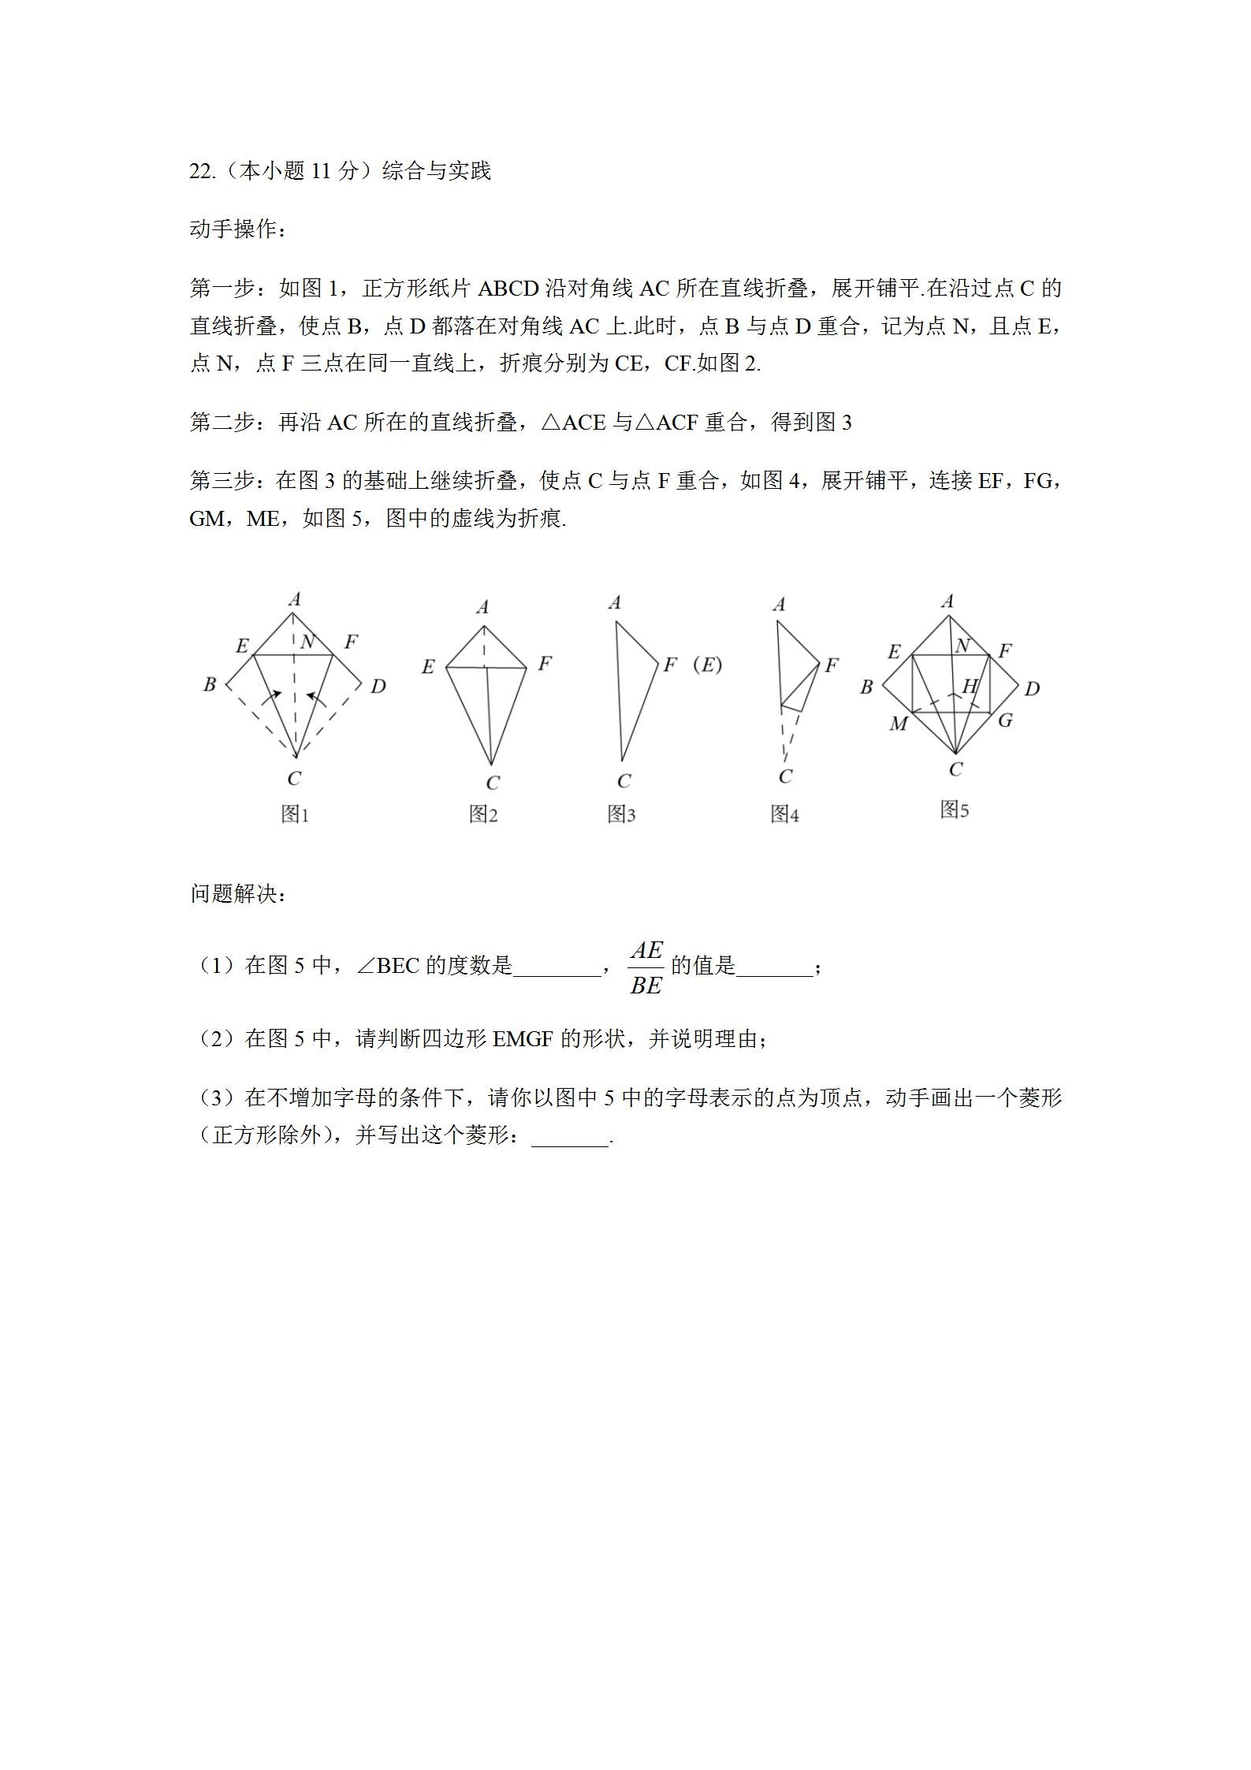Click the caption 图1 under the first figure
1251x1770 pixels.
tap(296, 814)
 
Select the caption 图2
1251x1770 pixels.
tap(483, 814)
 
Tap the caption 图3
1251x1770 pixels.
tap(621, 814)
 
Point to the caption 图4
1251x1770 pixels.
tap(784, 814)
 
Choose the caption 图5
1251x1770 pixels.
tap(955, 809)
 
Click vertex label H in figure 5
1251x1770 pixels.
tap(970, 686)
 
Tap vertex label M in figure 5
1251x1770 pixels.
tap(898, 724)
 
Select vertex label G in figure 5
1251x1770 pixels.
tap(1005, 720)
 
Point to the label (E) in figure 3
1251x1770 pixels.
tap(707, 665)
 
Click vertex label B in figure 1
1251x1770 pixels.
tap(210, 684)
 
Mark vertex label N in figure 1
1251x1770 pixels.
tap(307, 642)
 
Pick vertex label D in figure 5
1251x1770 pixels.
tap(1032, 689)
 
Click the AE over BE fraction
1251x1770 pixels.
tap(646, 967)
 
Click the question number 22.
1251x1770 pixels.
tap(202, 171)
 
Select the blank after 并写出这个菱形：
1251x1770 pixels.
tap(570, 1137)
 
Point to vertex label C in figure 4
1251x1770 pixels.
tap(785, 777)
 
